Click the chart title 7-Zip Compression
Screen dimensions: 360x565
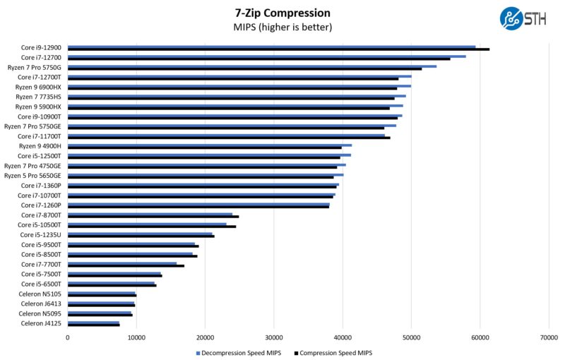(x=282, y=13)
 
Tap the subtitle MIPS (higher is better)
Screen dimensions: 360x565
(x=282, y=28)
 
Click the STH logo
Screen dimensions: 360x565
(x=522, y=18)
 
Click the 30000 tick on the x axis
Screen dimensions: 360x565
(x=274, y=338)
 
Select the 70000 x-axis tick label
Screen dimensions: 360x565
(x=549, y=338)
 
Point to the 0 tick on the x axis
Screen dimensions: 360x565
(x=68, y=338)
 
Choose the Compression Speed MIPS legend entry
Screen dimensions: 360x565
(x=332, y=353)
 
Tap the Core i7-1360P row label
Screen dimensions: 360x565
(x=41, y=185)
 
